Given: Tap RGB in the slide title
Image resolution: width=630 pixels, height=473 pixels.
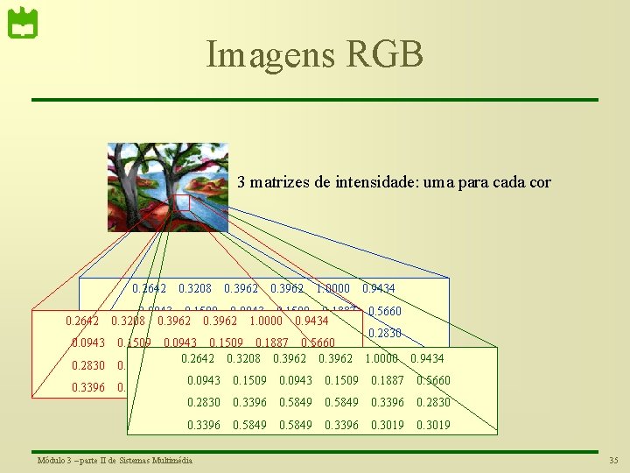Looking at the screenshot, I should tap(385, 54).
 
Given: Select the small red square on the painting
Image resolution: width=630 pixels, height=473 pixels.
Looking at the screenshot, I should tap(182, 202).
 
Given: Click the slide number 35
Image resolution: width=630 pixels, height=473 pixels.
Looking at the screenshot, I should tap(612, 461).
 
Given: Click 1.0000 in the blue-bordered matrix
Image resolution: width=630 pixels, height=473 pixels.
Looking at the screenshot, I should tap(332, 288).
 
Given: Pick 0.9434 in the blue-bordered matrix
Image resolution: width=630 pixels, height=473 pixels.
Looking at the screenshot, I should tap(378, 288).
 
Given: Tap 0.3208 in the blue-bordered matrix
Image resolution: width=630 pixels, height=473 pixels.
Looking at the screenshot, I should tap(194, 288).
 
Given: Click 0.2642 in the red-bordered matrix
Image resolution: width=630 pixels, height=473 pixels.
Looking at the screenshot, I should tap(82, 321).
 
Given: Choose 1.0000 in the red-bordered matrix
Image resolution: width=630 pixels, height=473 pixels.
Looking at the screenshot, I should tap(265, 321).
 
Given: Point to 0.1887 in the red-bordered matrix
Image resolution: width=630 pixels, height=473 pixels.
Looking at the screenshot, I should tap(271, 342).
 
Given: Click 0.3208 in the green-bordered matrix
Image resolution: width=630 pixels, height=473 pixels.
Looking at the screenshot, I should tap(243, 358).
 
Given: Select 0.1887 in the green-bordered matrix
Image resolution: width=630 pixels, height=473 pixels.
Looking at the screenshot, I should tap(387, 380).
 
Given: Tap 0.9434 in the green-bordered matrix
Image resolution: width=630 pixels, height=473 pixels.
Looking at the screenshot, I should tap(427, 358).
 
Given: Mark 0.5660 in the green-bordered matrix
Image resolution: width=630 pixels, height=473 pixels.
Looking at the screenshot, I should tap(433, 380).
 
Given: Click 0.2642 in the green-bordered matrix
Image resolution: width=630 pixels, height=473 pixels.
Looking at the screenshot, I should tap(198, 358).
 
